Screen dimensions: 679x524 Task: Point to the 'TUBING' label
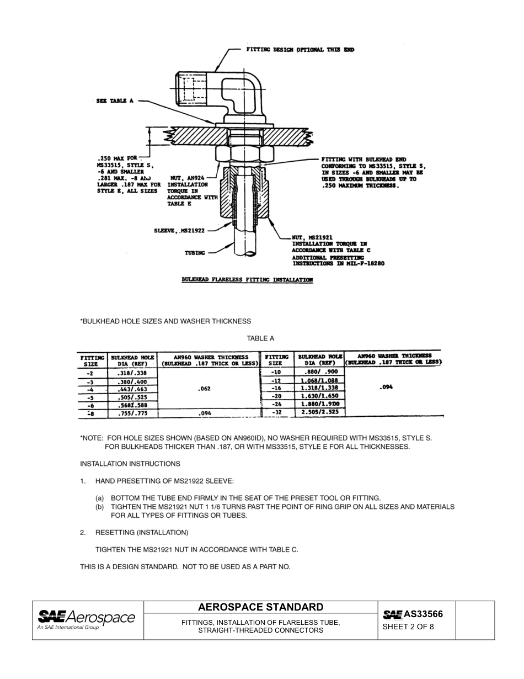tap(195, 253)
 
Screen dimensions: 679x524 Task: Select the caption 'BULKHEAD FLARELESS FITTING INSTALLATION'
tap(247, 280)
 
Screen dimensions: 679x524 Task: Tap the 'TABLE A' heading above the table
tap(260, 338)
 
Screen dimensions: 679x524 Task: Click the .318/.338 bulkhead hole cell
tap(132, 373)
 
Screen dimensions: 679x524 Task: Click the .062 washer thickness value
tap(205, 389)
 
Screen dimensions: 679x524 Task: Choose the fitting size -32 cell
tap(276, 412)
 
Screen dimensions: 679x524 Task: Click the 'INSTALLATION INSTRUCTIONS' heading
tap(130, 464)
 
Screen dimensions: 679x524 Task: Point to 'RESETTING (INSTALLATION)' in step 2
tap(142, 533)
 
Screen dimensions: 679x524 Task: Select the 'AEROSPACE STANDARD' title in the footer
tap(260, 607)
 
